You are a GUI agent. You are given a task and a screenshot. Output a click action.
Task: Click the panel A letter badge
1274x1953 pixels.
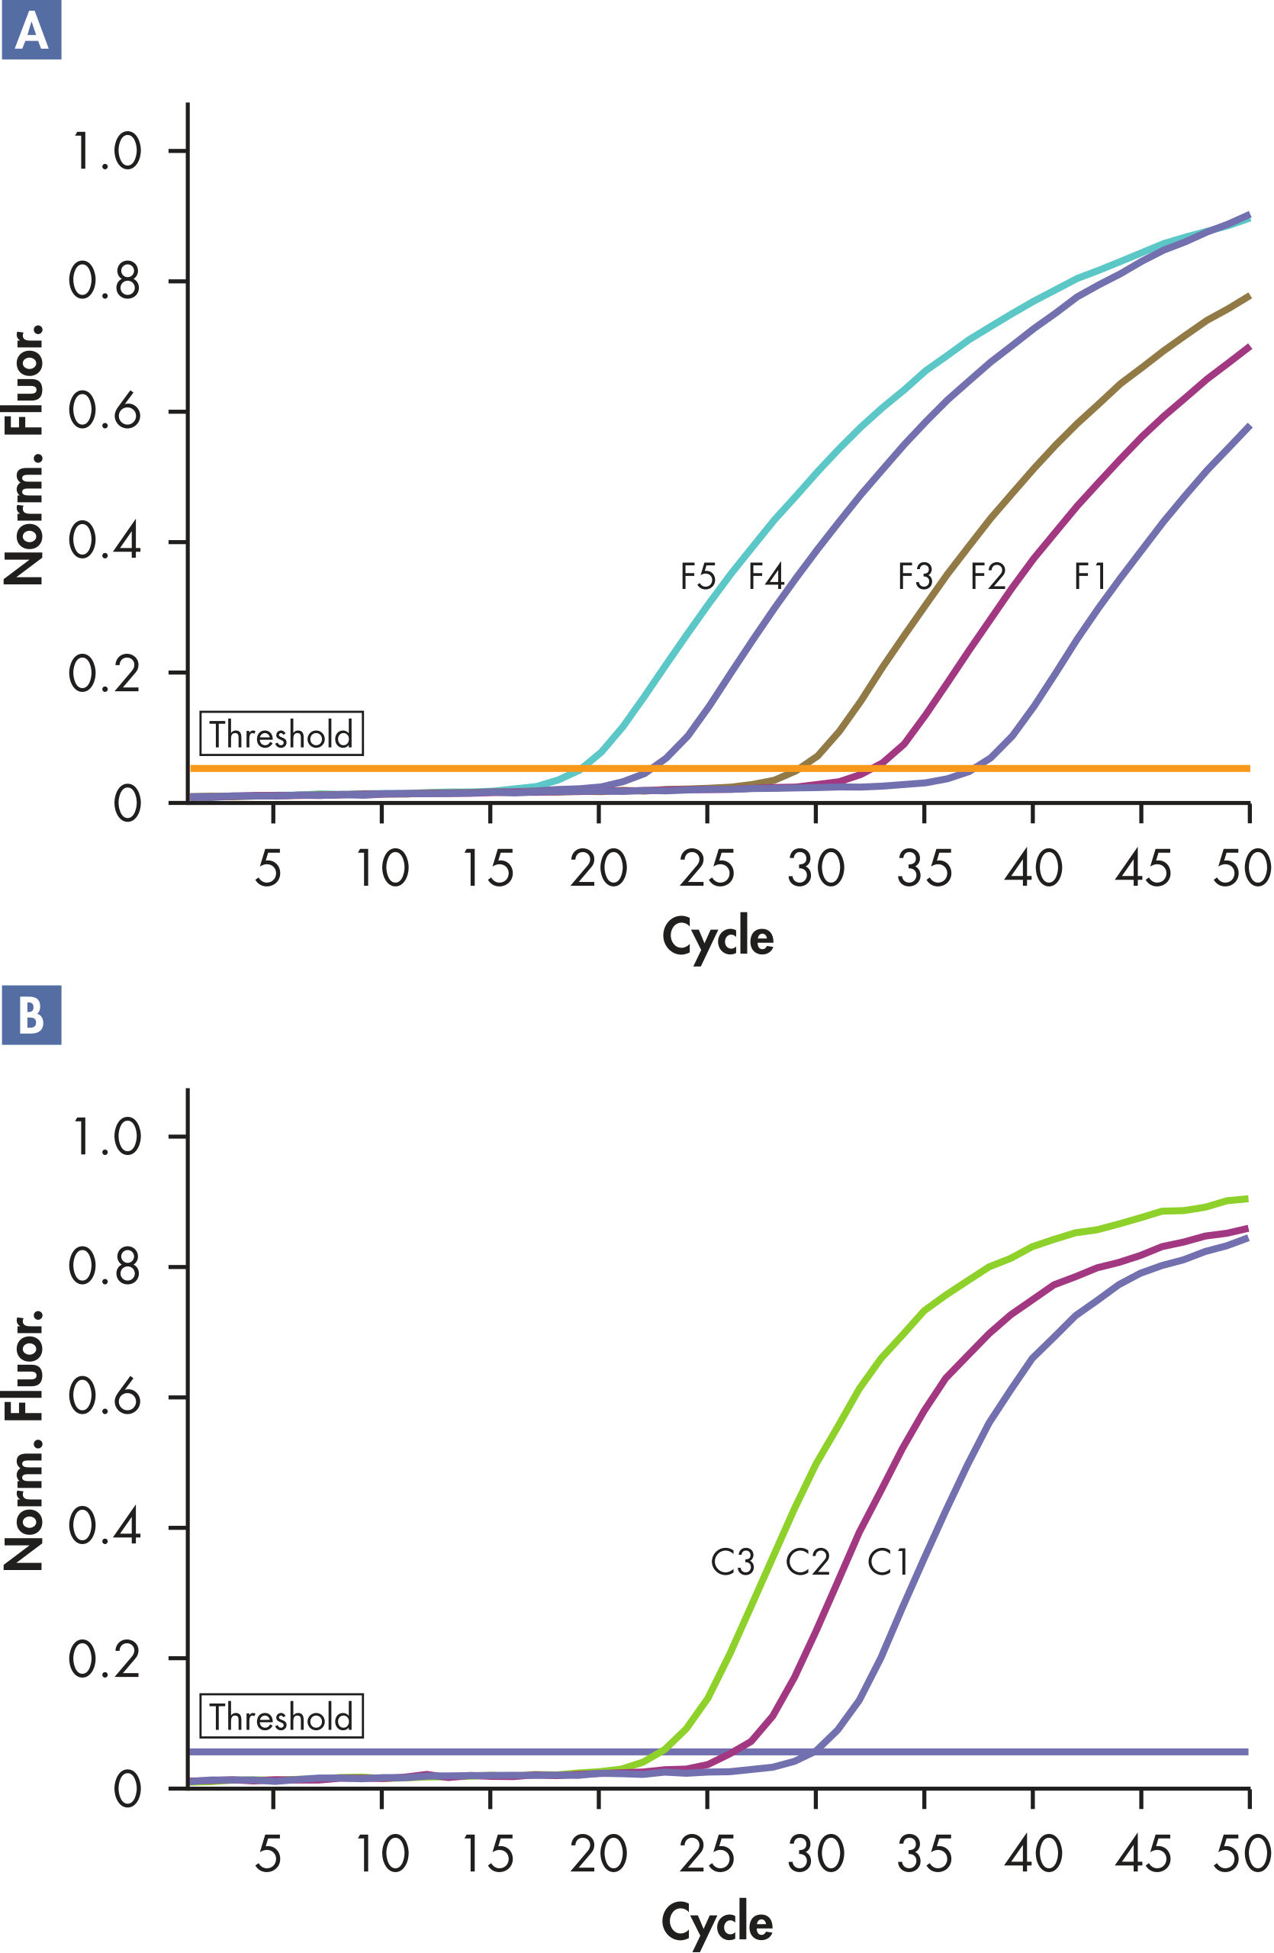(31, 31)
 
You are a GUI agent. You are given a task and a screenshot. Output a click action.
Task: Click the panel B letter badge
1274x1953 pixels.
(31, 1015)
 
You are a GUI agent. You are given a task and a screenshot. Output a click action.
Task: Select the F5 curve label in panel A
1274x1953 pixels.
(698, 576)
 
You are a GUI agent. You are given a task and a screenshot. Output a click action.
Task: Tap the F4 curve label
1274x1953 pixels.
(766, 576)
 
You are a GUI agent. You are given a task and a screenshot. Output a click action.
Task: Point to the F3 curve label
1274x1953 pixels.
(915, 576)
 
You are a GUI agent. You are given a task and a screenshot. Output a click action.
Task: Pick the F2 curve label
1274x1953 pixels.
(988, 576)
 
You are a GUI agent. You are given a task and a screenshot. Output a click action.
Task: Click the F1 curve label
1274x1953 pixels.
(1090, 576)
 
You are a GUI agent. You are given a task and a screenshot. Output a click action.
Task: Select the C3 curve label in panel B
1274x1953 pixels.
(732, 1562)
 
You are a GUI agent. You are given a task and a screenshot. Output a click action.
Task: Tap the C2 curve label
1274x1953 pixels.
(808, 1562)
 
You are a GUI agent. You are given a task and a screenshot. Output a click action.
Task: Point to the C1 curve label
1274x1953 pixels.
(888, 1562)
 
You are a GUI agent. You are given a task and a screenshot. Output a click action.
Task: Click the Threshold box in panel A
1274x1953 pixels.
(282, 734)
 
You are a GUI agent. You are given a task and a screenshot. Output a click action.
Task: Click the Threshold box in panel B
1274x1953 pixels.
(282, 1717)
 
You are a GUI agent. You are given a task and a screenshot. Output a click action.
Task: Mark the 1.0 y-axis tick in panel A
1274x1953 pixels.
(105, 151)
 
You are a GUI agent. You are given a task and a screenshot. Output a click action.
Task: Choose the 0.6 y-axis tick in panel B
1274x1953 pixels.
(105, 1396)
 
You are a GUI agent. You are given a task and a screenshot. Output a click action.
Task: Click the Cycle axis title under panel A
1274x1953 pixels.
(718, 937)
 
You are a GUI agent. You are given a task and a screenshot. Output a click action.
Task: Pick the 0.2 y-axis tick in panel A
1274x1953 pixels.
(105, 673)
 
